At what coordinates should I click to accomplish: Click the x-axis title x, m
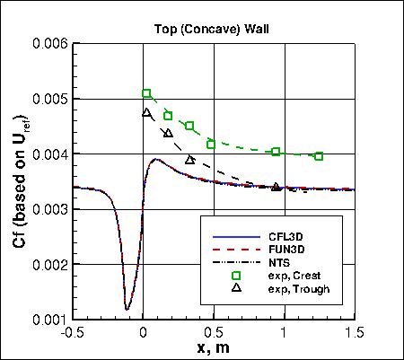(x=213, y=347)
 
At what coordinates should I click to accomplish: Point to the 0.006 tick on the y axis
(x=53, y=43)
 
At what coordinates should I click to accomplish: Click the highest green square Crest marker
(x=147, y=93)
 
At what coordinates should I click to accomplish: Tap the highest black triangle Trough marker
(x=147, y=112)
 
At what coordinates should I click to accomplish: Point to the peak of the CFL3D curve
(x=155, y=160)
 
